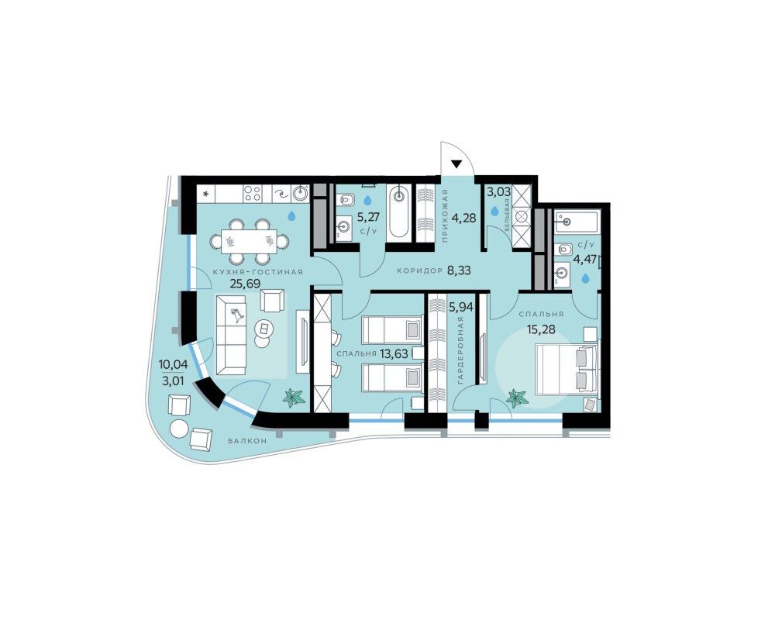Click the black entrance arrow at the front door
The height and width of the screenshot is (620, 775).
pyautogui.click(x=456, y=164)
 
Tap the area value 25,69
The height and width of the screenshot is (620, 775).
pyautogui.click(x=245, y=284)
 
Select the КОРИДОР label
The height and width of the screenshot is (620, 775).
pyautogui.click(x=419, y=271)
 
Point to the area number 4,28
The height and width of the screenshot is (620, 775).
pyautogui.click(x=464, y=218)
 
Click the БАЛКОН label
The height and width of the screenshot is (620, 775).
pyautogui.click(x=248, y=440)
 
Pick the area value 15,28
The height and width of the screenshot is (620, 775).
pyautogui.click(x=541, y=329)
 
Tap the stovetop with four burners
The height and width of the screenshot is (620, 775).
pyautogui.click(x=253, y=193)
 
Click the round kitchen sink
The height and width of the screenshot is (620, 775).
pyautogui.click(x=300, y=193)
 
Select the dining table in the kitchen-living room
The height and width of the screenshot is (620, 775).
pyautogui.click(x=249, y=241)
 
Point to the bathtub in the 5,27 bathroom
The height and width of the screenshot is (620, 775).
pyautogui.click(x=398, y=212)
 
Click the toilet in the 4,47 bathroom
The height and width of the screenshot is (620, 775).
pyautogui.click(x=563, y=249)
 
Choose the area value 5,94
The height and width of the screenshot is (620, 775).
pyautogui.click(x=460, y=307)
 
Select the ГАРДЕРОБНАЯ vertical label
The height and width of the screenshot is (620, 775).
pyautogui.click(x=460, y=350)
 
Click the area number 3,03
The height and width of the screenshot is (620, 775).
pyautogui.click(x=498, y=192)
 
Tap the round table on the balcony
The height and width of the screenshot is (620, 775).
pyautogui.click(x=177, y=427)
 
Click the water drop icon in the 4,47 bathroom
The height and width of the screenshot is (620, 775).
pyautogui.click(x=586, y=279)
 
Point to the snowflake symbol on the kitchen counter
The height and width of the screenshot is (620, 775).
pyautogui.click(x=206, y=193)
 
